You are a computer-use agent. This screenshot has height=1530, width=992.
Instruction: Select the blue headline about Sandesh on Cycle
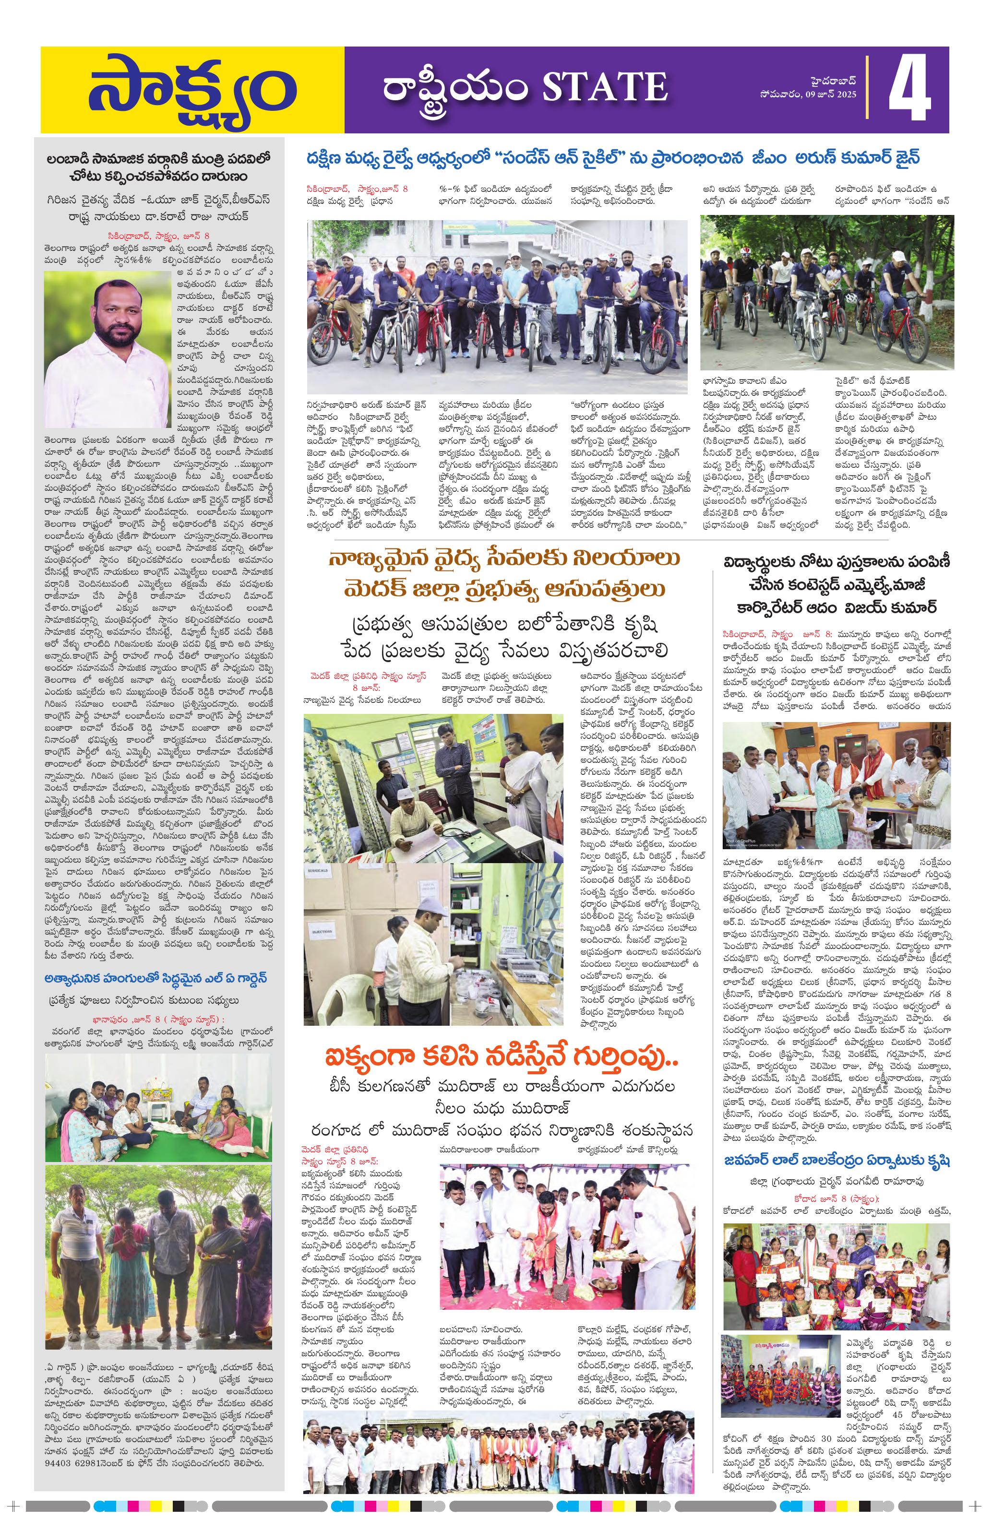click(x=614, y=158)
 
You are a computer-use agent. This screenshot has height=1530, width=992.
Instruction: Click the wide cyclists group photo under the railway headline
click(x=497, y=298)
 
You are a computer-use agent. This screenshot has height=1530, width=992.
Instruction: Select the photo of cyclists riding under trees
click(x=827, y=293)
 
